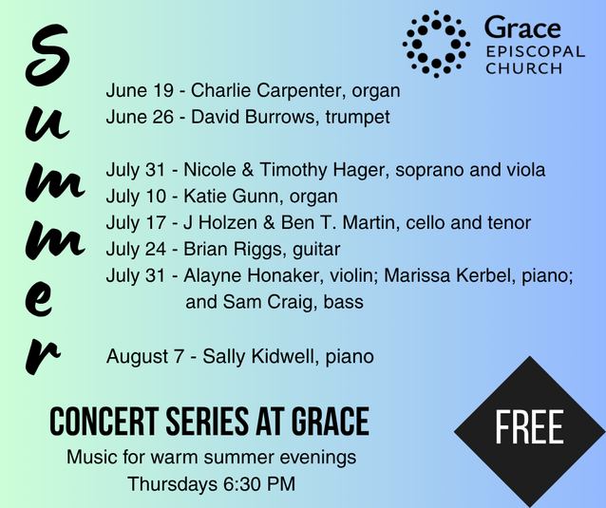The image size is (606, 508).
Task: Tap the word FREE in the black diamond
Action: tap(529, 427)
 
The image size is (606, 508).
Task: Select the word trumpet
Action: tap(357, 118)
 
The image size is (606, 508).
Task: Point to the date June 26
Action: tap(140, 117)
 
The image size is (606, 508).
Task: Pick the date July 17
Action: tap(136, 223)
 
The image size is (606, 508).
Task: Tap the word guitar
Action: tap(316, 250)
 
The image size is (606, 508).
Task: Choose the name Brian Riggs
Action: tap(235, 250)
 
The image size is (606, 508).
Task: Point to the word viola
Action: tap(524, 170)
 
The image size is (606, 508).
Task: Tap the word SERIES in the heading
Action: tap(207, 422)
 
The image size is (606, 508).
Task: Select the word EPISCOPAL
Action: tap(536, 52)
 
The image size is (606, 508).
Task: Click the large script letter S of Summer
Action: tap(47, 55)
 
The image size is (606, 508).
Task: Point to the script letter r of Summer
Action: tap(42, 356)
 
